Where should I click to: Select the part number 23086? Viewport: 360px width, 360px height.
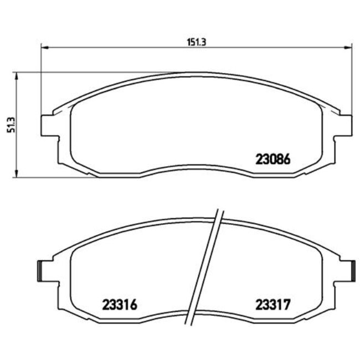pyautogui.click(x=273, y=160)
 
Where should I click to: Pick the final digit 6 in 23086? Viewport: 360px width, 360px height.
pyautogui.click(x=287, y=160)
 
